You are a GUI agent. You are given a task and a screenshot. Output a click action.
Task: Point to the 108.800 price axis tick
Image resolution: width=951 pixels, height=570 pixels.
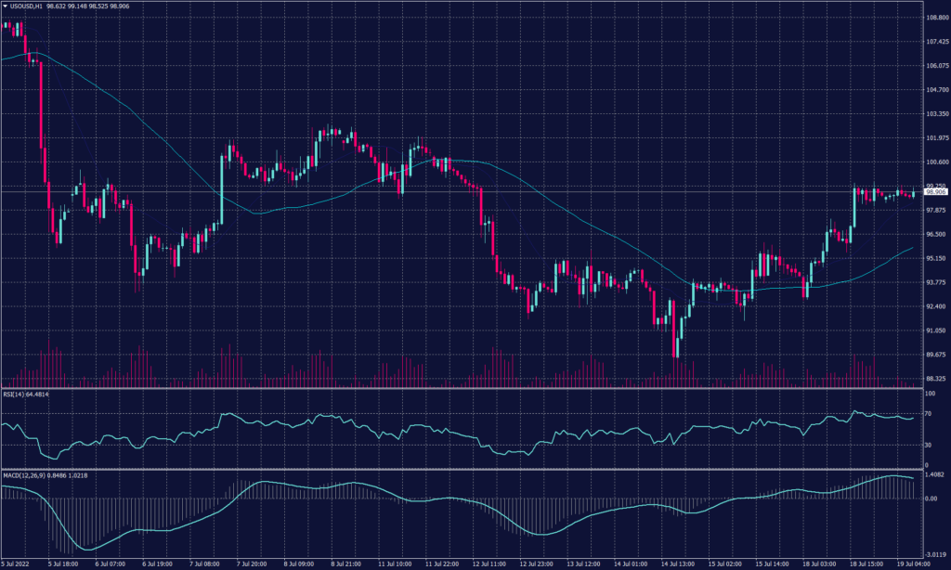click(x=936, y=18)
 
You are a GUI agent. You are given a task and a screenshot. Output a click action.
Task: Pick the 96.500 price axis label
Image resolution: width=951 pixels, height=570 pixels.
click(x=936, y=234)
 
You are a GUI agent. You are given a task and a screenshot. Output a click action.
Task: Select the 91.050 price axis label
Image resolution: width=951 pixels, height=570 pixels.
click(x=936, y=330)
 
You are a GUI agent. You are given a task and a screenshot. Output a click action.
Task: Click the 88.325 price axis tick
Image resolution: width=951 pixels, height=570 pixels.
click(x=936, y=379)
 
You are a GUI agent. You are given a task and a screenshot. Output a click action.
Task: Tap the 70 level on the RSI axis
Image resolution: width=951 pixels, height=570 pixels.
click(x=929, y=412)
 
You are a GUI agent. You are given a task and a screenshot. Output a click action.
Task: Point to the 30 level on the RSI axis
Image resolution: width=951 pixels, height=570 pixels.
click(x=929, y=445)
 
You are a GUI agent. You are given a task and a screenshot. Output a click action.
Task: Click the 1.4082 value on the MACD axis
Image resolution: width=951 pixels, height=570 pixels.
click(x=934, y=474)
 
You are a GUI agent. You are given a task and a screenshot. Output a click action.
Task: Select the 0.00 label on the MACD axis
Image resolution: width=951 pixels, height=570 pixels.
click(x=931, y=499)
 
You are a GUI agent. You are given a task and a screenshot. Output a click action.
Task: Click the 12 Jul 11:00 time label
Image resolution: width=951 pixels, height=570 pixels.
click(x=488, y=563)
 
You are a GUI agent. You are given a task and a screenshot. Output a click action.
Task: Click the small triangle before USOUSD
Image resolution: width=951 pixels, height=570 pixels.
click(x=5, y=6)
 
